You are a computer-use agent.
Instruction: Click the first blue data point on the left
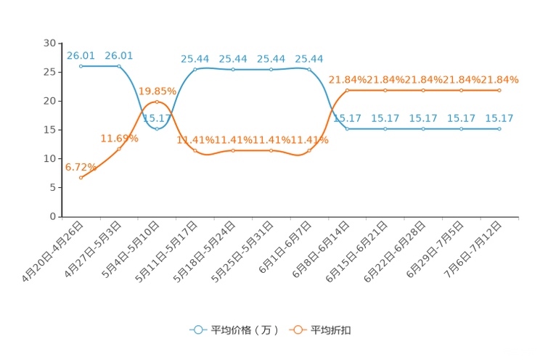click(x=81, y=66)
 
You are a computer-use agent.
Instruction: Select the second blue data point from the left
click(x=119, y=66)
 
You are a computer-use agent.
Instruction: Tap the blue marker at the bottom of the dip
click(x=157, y=128)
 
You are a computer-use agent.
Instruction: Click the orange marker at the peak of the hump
click(x=157, y=102)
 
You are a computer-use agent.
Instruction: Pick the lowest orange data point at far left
click(x=81, y=176)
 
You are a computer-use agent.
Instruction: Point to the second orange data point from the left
click(x=119, y=149)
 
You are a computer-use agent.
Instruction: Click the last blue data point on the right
click(x=499, y=128)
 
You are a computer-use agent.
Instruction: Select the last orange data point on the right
click(x=499, y=90)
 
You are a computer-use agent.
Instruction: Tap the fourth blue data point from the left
click(x=195, y=70)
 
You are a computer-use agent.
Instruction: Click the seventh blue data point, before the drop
click(x=309, y=70)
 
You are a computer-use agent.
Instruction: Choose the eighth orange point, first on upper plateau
click(x=348, y=90)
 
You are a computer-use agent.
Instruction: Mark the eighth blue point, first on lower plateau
click(x=348, y=128)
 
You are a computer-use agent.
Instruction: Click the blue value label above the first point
click(x=81, y=54)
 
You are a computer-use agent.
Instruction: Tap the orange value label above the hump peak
click(x=157, y=91)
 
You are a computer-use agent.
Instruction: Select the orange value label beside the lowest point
click(x=77, y=165)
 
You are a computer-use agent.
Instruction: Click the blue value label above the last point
click(x=499, y=118)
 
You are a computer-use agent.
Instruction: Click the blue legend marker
click(x=197, y=330)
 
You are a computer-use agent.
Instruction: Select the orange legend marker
click(x=298, y=330)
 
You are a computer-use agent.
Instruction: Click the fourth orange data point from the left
click(x=195, y=150)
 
